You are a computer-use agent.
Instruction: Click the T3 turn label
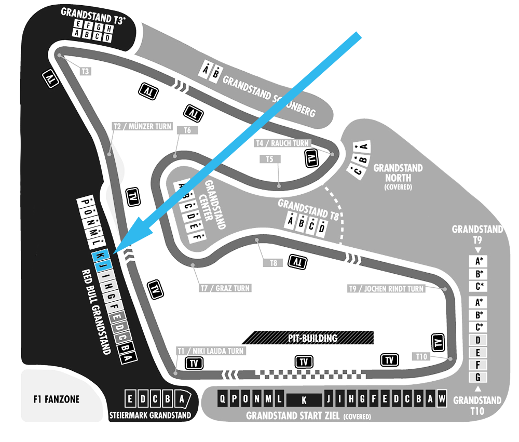point(85,71)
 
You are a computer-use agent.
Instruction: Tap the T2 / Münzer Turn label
point(142,126)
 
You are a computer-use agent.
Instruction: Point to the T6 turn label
point(187,130)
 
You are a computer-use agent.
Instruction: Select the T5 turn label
point(269,159)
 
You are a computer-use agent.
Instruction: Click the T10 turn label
point(421,356)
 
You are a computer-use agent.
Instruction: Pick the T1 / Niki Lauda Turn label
point(210,351)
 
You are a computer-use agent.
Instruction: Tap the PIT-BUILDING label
point(312,338)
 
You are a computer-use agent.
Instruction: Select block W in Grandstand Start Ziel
point(442,399)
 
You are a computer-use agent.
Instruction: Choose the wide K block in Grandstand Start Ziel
point(304,399)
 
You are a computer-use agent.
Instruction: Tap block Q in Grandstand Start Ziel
point(223,399)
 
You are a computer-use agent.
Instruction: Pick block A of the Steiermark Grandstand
point(181,399)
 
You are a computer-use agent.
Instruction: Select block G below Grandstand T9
point(478,377)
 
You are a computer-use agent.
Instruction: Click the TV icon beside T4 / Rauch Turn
point(311,158)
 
